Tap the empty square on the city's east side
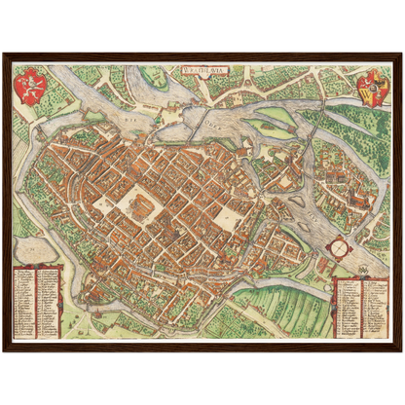(226, 216)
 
